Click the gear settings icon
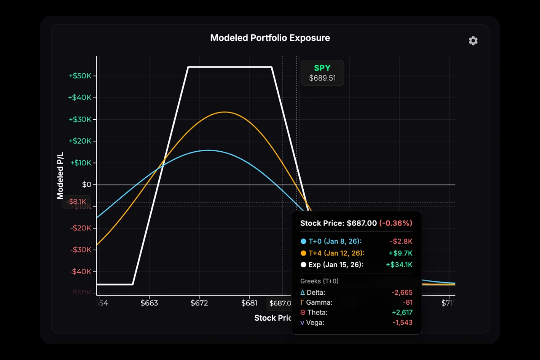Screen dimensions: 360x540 click(x=473, y=41)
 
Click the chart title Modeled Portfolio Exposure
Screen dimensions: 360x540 click(x=270, y=38)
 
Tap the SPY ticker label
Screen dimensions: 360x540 click(x=322, y=68)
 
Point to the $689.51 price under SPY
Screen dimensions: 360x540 click(x=322, y=78)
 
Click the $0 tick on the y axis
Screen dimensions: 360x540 click(x=86, y=184)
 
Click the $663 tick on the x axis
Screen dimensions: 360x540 click(x=149, y=303)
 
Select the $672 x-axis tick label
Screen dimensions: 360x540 click(x=199, y=303)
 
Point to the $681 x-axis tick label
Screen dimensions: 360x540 click(x=249, y=303)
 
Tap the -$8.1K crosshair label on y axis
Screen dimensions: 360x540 click(x=76, y=202)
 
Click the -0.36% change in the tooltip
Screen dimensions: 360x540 click(x=396, y=223)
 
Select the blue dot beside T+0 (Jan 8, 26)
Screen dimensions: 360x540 click(x=303, y=242)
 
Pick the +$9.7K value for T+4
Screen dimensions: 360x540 click(x=401, y=253)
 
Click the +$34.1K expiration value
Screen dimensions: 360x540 click(x=399, y=265)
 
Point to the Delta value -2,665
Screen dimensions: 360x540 click(x=402, y=292)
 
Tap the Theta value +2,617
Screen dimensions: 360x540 click(x=402, y=312)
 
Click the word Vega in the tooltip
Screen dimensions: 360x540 click(x=315, y=322)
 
